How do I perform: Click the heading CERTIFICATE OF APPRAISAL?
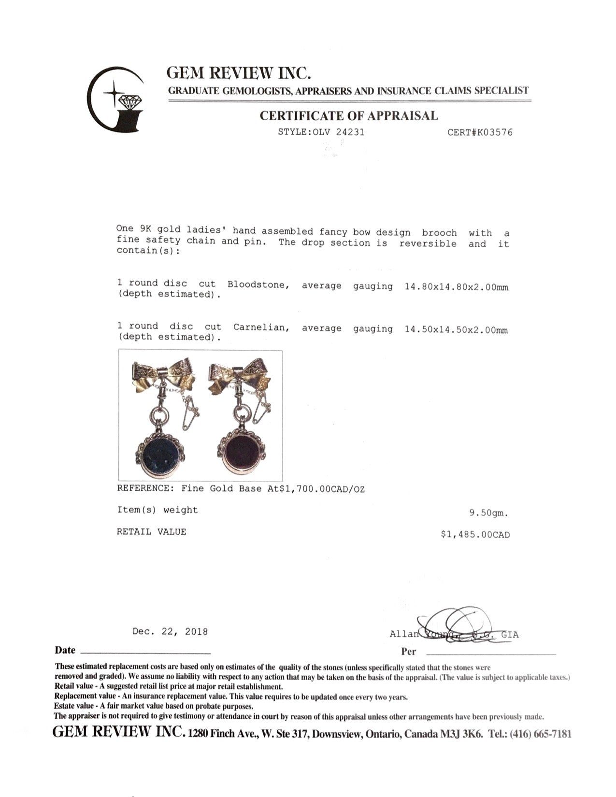[349, 116]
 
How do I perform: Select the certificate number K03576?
[494, 132]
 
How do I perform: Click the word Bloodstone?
[258, 285]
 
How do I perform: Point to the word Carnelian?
[261, 327]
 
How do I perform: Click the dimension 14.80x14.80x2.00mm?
[456, 287]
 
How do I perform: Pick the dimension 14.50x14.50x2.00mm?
[456, 330]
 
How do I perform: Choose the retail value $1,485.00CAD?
[475, 535]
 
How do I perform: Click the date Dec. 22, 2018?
[170, 631]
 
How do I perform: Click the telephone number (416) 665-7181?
[543, 734]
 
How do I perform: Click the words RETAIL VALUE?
[151, 532]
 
